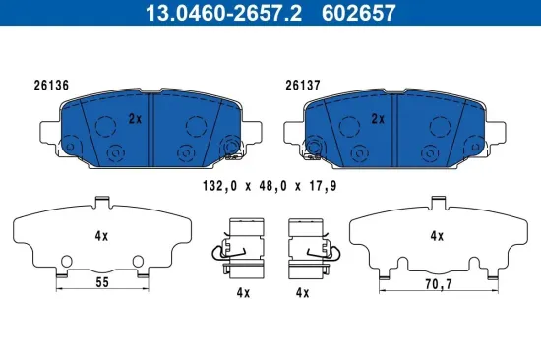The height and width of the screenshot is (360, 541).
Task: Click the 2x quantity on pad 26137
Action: [375, 119]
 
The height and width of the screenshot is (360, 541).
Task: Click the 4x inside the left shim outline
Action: [100, 236]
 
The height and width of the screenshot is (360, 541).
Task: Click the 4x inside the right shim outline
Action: [438, 236]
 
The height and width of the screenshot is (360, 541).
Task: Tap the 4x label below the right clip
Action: [303, 293]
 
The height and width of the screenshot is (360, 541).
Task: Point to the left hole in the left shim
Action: [66, 261]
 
